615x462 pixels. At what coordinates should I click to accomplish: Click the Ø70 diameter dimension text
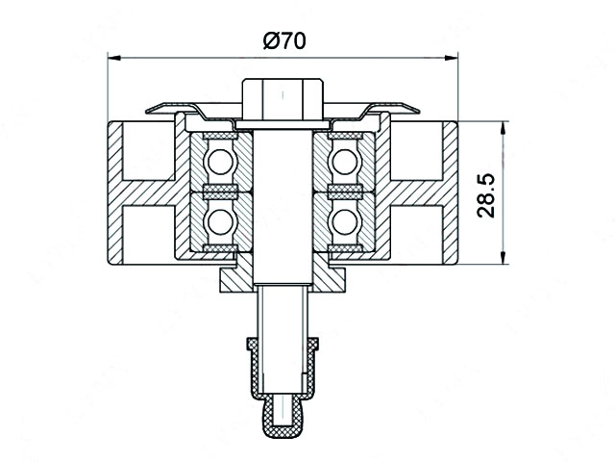[x=284, y=40]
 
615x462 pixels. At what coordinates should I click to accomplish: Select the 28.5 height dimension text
[x=486, y=196]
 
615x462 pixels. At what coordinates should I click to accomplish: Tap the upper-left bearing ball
[x=220, y=162]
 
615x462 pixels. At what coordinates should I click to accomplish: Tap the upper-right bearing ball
[x=344, y=162]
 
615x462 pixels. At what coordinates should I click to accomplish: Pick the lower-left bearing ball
[x=220, y=222]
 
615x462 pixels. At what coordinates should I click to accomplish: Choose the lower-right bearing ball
[x=344, y=222]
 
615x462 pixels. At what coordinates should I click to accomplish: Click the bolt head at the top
[x=283, y=99]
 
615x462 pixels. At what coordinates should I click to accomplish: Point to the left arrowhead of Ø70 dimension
[x=113, y=58]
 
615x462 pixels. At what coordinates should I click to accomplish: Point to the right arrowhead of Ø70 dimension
[x=451, y=58]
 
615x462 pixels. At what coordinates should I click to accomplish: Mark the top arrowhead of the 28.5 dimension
[x=503, y=127]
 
